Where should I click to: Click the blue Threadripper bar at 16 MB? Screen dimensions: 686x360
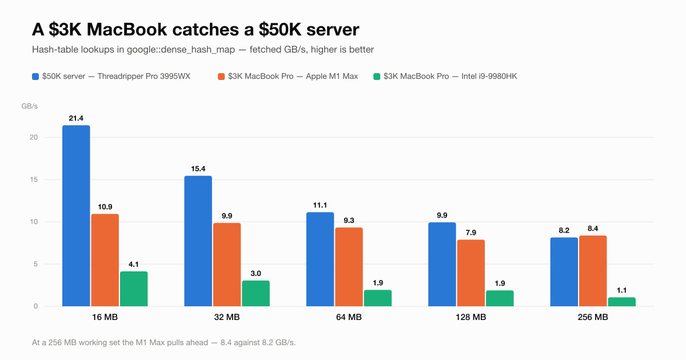pos(76,215)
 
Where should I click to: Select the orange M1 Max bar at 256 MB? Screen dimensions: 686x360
pos(593,271)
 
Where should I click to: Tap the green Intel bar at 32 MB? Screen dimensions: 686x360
pos(256,293)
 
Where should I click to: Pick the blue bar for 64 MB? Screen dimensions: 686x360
pos(320,259)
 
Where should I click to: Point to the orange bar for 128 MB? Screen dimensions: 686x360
pos(471,273)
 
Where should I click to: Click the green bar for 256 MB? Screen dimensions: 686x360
pos(622,302)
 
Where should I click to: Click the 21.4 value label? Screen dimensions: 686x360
pos(76,118)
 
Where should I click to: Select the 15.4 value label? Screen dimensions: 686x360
pos(198,169)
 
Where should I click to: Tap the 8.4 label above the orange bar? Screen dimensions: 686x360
pos(593,229)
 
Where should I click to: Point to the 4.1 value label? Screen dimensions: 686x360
pos(134,264)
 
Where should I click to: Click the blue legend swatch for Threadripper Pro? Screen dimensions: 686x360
pos(35,77)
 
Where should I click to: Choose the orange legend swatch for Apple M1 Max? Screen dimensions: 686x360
pos(221,77)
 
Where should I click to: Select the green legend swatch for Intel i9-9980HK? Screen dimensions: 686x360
pos(377,77)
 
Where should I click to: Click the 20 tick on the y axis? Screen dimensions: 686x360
pos(34,137)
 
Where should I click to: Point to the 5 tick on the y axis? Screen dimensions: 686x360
pos(36,264)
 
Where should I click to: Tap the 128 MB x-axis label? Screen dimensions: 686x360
pos(470,317)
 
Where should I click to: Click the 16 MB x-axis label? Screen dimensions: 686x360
pos(105,317)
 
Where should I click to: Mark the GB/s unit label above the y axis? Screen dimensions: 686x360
pos(29,106)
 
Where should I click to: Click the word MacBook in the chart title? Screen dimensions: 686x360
pos(127,30)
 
